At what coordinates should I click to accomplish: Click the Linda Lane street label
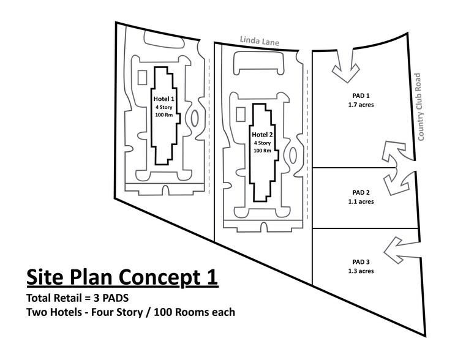260,41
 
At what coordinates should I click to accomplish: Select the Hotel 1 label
163,99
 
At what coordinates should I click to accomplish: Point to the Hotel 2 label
262,135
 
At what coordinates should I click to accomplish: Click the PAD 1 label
361,96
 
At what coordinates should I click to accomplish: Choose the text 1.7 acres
361,105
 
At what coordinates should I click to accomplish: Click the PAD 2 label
361,192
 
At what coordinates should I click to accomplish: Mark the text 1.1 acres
361,201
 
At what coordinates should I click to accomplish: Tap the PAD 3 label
361,262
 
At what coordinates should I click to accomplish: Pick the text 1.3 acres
361,271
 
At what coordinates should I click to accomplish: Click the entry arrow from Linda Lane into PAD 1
345,67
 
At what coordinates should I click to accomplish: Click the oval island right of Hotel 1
195,119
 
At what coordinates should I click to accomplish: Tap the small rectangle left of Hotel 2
241,114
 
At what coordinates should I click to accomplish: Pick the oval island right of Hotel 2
293,155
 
